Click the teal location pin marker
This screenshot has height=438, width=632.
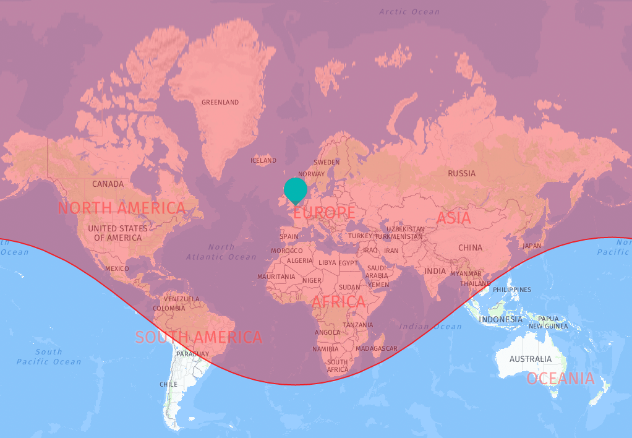296,189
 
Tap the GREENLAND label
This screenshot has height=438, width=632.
220,102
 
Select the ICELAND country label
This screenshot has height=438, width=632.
263,160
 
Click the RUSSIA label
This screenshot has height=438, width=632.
462,173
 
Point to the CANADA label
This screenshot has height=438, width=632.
108,184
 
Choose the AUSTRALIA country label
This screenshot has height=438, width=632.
530,359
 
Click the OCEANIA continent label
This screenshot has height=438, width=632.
560,379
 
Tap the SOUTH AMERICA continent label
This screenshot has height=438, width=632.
199,337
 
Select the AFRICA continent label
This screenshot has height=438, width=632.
338,302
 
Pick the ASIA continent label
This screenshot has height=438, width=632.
453,218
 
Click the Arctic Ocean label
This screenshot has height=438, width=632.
409,11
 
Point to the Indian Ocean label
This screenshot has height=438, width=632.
431,326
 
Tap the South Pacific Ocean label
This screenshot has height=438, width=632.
49,357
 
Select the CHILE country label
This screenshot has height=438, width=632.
169,384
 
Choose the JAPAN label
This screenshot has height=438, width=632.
532,246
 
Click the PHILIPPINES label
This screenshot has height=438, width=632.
512,290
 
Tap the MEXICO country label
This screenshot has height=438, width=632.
117,268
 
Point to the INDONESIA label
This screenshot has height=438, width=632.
501,319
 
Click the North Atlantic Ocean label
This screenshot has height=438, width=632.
221,252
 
